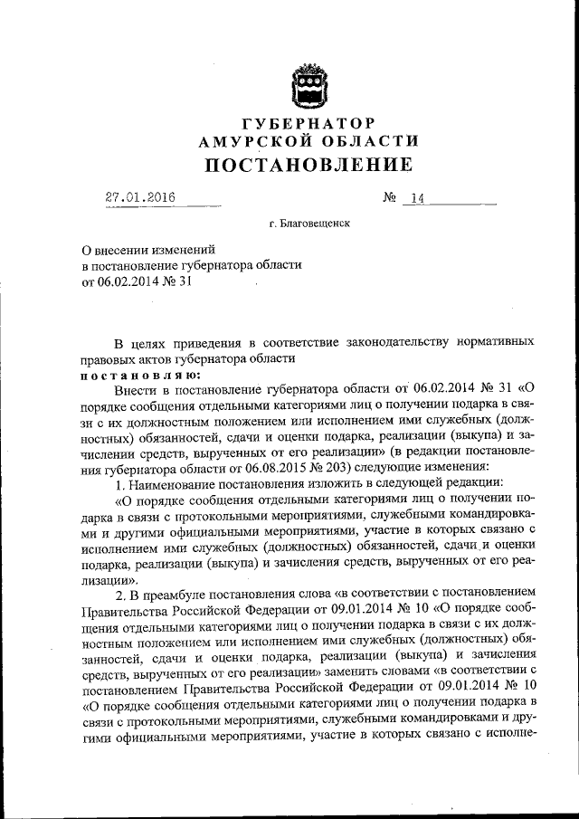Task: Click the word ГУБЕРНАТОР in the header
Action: [308, 122]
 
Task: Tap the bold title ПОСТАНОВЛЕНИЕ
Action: [308, 165]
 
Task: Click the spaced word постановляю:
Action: [129, 375]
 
